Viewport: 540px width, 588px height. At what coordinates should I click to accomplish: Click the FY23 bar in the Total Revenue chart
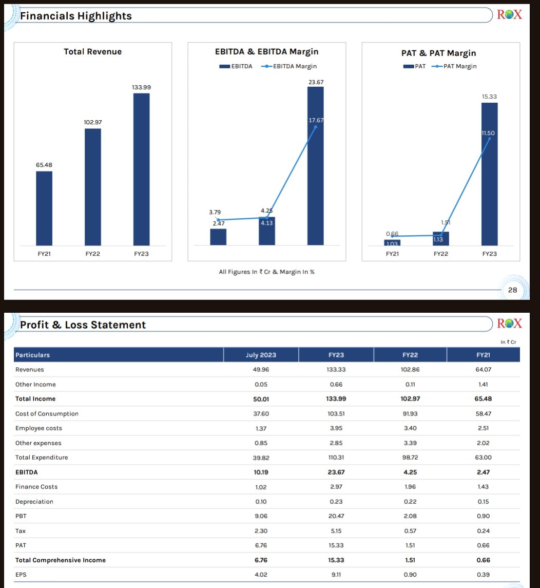point(141,169)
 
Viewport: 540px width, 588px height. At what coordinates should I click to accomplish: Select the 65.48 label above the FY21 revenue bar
point(44,165)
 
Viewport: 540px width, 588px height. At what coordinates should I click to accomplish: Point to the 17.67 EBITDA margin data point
point(316,126)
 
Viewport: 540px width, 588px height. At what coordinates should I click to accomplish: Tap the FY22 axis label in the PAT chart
point(440,254)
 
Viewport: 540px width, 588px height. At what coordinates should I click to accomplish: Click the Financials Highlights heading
point(76,16)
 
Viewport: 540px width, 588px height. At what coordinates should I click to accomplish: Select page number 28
point(512,291)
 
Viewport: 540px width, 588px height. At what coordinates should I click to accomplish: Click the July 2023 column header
point(261,355)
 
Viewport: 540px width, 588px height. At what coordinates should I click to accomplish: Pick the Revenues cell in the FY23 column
point(336,370)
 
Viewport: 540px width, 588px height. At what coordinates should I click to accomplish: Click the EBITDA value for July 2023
point(261,472)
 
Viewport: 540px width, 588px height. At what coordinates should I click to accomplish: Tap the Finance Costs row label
point(36,487)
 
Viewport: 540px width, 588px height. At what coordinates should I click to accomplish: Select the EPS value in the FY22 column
point(410,575)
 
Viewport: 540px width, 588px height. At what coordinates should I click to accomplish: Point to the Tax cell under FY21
point(483,531)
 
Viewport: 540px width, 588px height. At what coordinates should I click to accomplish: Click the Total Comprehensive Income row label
point(61,560)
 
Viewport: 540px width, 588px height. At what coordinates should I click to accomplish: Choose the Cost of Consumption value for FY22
point(410,414)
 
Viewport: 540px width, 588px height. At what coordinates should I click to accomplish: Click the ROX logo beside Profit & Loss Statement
point(509,324)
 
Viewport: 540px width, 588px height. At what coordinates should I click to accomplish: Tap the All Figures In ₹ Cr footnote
point(266,272)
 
